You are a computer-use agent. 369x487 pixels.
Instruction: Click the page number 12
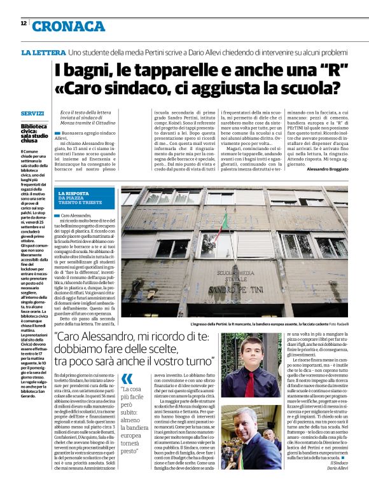tap(23, 24)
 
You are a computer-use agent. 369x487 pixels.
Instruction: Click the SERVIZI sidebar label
tap(32, 113)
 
